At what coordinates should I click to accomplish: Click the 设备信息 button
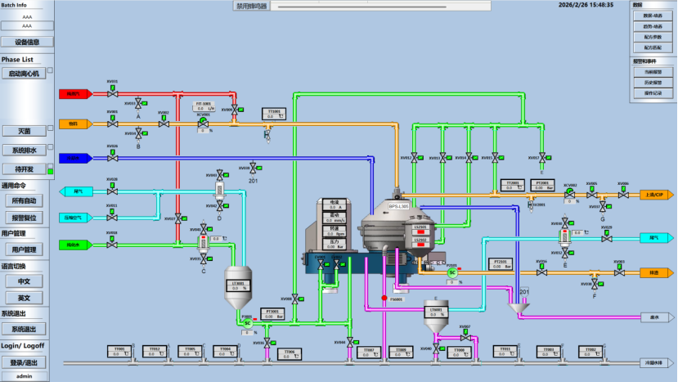27,42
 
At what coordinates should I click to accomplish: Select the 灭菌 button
23,131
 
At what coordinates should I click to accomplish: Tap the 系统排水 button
23,151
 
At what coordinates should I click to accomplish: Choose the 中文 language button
24,281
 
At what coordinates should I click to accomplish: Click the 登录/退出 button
24,362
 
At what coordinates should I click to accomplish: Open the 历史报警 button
653,83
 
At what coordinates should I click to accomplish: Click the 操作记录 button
653,93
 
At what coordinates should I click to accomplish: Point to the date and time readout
586,5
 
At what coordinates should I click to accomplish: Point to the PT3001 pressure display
272,312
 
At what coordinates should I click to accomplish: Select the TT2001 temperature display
513,185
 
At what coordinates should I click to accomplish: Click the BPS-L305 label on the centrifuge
398,208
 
